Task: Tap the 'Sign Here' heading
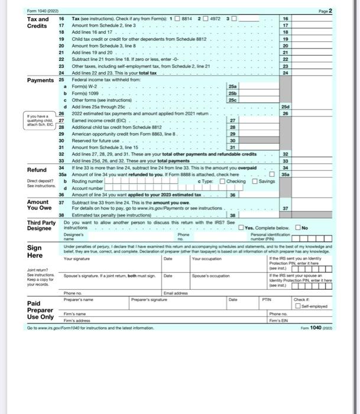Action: pyautogui.click(x=35, y=251)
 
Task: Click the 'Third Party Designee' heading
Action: pyautogui.click(x=42, y=226)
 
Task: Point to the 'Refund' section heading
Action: pyautogui.click(x=38, y=170)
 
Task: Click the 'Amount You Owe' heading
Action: pyautogui.click(x=40, y=205)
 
